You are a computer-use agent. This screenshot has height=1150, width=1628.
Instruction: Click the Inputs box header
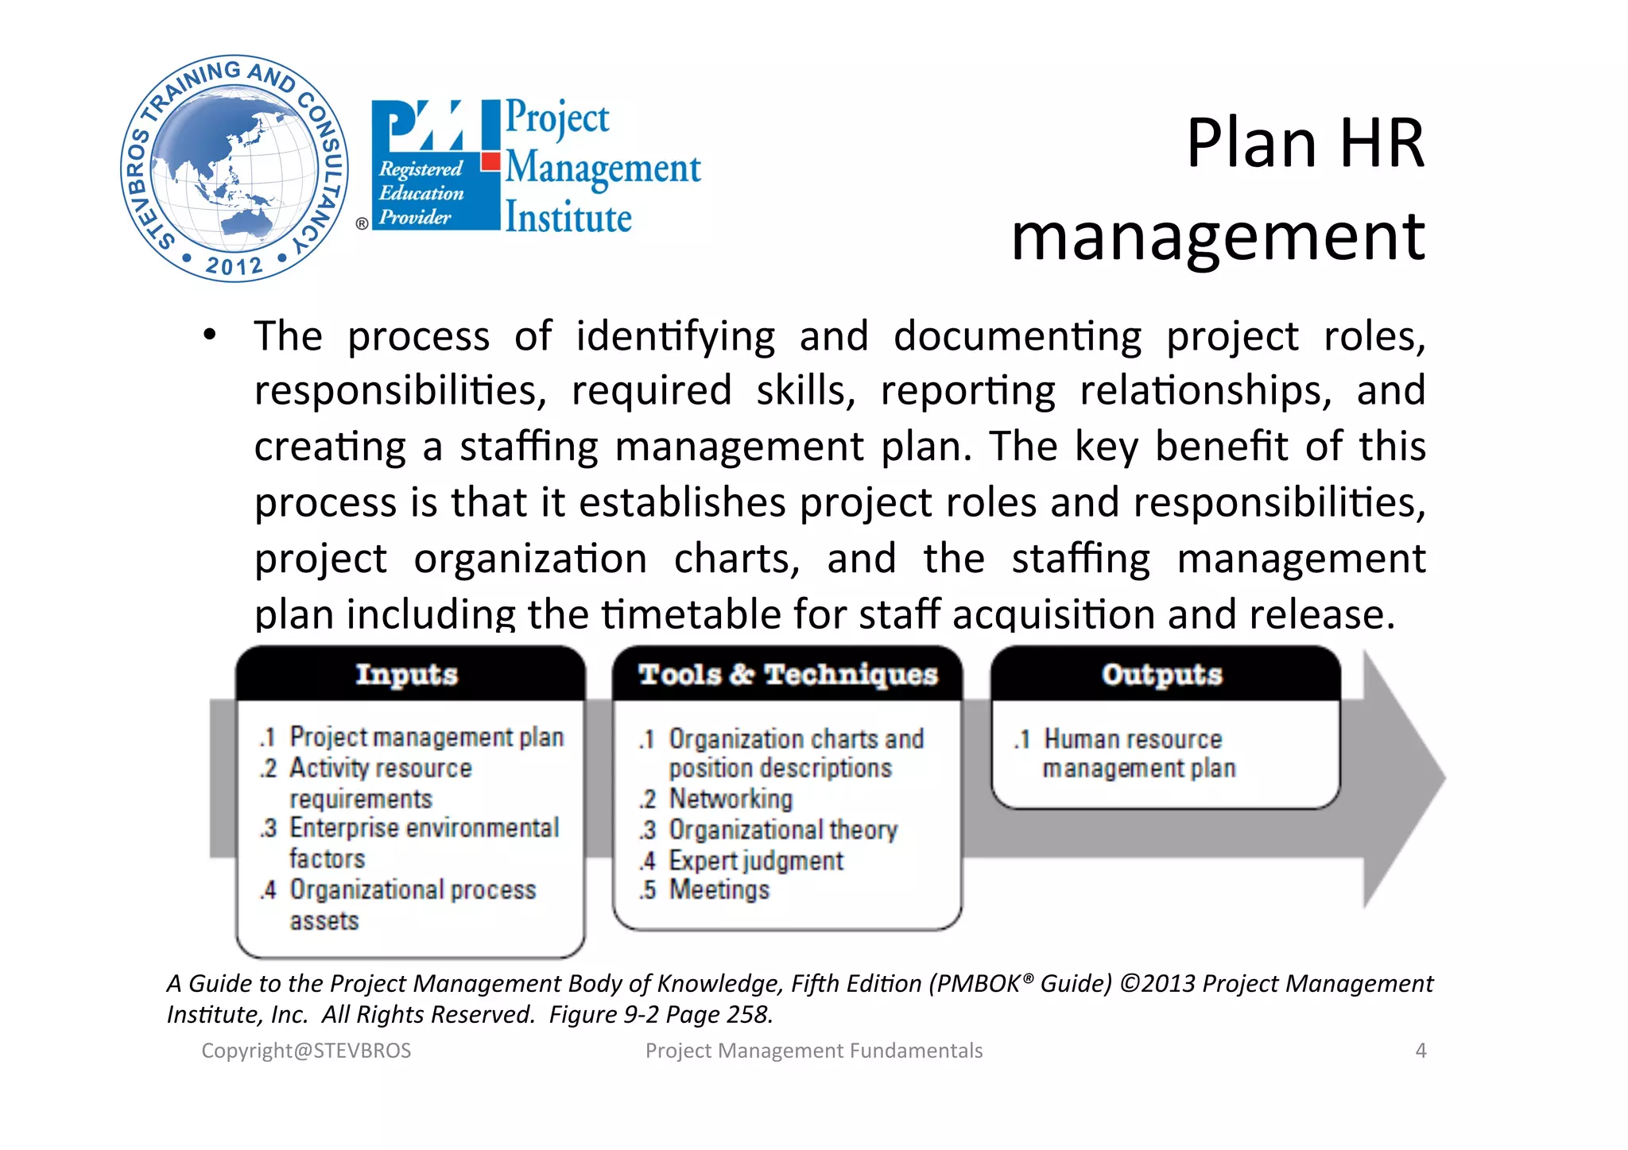click(407, 674)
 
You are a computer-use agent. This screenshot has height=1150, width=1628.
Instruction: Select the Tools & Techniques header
click(788, 674)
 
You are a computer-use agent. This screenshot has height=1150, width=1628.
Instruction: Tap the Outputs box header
click(1161, 674)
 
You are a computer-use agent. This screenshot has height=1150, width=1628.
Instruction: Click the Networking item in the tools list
click(730, 798)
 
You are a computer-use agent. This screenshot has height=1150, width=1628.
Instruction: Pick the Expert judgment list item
click(755, 861)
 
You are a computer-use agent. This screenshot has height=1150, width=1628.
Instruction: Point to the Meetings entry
click(719, 890)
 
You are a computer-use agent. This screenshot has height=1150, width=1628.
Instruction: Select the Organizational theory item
click(782, 830)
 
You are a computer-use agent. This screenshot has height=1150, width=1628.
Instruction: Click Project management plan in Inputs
click(426, 738)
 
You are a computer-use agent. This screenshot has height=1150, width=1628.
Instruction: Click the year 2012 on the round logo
click(234, 265)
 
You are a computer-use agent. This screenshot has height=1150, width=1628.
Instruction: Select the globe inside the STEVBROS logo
click(234, 167)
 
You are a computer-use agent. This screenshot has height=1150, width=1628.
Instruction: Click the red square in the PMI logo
click(491, 162)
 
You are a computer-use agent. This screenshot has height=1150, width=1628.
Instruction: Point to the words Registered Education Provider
click(421, 193)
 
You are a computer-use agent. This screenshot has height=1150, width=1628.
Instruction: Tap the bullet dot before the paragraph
click(209, 335)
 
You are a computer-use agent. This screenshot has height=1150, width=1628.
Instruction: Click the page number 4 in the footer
click(1421, 1051)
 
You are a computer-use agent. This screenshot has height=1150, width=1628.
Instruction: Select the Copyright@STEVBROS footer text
click(306, 1051)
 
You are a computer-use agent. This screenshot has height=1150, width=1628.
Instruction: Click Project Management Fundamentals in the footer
click(813, 1051)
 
